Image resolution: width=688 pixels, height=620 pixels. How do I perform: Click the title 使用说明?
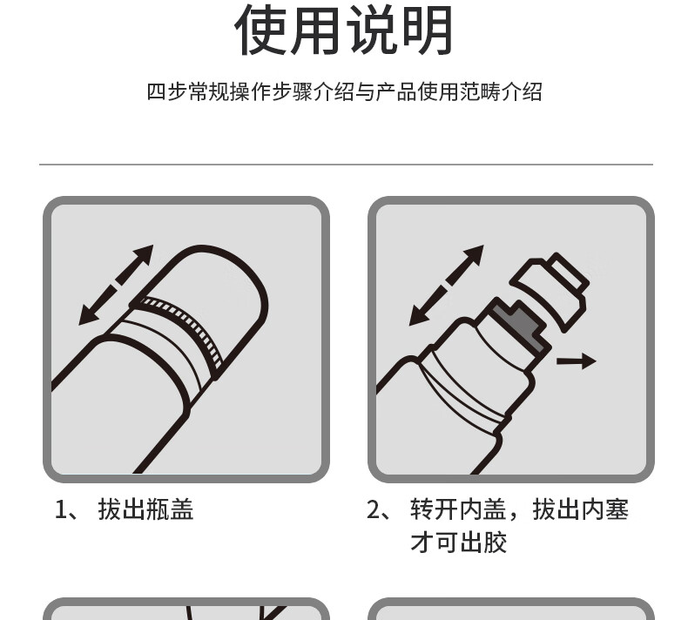[x=344, y=30]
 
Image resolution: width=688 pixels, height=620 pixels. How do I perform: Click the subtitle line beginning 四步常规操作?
[x=345, y=92]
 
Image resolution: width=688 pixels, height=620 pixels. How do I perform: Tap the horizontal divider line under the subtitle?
[x=347, y=165]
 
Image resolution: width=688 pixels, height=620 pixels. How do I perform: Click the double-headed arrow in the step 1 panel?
[x=117, y=286]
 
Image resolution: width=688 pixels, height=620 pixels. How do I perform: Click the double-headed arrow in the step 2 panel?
[x=447, y=286]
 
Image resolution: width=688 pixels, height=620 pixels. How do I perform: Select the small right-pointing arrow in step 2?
[x=577, y=361]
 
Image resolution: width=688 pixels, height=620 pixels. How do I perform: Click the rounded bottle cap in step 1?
[x=206, y=303]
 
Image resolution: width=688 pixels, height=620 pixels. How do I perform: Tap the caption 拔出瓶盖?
[x=145, y=509]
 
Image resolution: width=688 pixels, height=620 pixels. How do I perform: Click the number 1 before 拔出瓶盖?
[x=60, y=510]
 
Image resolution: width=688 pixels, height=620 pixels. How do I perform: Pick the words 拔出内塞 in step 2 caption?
[x=581, y=509]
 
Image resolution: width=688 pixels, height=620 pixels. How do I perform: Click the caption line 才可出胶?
[x=459, y=542]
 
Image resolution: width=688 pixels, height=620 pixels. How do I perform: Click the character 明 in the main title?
[x=428, y=30]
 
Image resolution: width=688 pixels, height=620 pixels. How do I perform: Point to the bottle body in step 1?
[x=121, y=404]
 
